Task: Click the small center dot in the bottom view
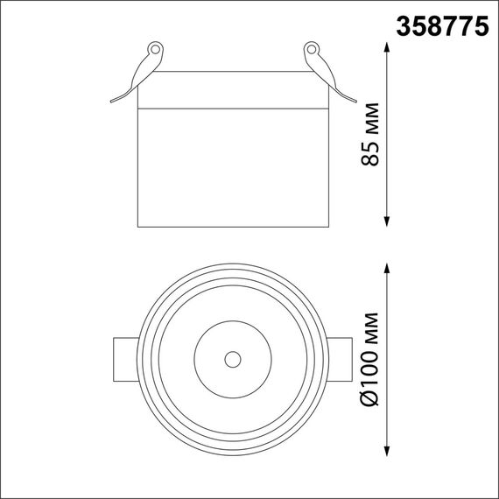click(x=232, y=360)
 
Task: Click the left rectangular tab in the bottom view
click(x=124, y=359)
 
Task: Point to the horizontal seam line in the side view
click(x=232, y=109)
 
